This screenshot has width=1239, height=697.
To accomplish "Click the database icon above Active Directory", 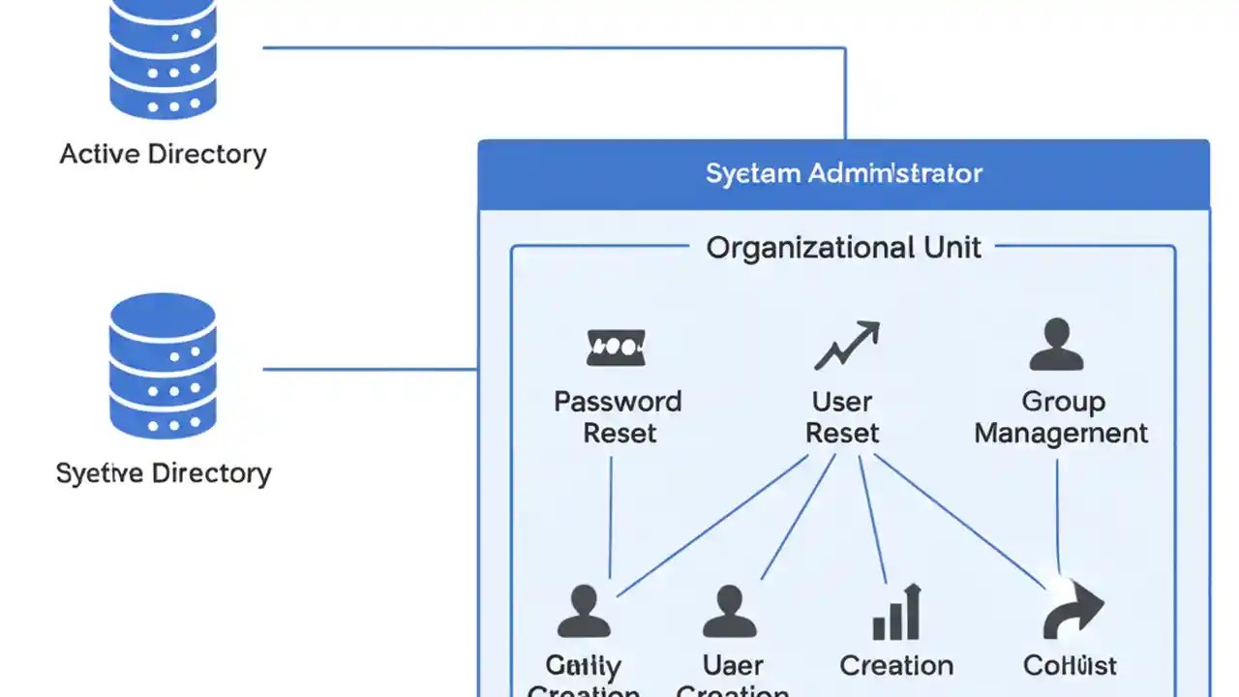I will click(x=163, y=58).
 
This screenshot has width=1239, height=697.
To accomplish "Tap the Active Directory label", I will click(x=163, y=154).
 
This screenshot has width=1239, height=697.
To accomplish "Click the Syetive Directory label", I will click(x=164, y=473).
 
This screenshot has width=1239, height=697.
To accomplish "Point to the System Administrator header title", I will click(x=843, y=174).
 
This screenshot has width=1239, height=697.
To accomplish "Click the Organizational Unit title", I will click(x=843, y=248).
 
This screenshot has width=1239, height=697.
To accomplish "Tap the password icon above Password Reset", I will click(x=617, y=347).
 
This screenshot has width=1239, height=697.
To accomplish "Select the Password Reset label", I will click(x=618, y=417).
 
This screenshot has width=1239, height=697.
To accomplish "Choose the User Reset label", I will click(x=841, y=417).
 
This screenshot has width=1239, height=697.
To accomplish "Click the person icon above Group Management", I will click(x=1056, y=346).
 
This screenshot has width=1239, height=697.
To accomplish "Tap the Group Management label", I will click(x=1061, y=417).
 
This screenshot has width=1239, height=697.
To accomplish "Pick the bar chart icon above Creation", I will click(x=896, y=613).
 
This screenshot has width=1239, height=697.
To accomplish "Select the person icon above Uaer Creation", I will click(x=730, y=612).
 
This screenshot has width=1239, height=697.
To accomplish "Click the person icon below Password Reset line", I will click(x=584, y=612).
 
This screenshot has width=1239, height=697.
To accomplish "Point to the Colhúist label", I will click(x=1070, y=666).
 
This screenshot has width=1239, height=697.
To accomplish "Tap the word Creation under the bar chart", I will click(x=896, y=666).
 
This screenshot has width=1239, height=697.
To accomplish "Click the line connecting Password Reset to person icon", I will click(x=611, y=518).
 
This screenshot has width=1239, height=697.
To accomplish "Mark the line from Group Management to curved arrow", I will click(x=1057, y=518).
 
